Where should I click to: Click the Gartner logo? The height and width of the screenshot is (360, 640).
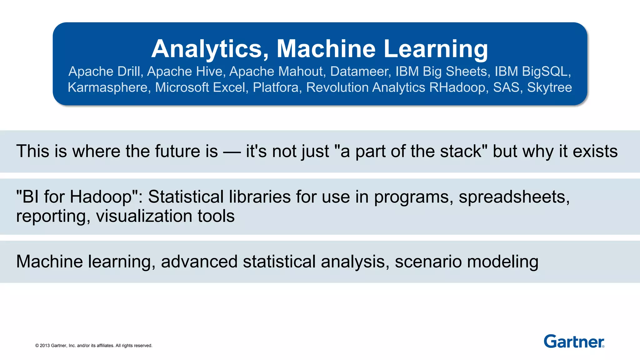coord(574,341)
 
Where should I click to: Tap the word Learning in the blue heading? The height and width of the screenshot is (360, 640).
coord(436,49)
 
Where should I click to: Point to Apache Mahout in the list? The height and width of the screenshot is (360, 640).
coord(276,72)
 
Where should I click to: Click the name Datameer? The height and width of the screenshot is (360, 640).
coord(359,72)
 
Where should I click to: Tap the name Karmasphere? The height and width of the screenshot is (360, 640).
coord(107,87)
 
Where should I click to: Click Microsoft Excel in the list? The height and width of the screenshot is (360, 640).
coord(200,87)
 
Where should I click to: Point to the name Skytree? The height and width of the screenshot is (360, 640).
coord(549,87)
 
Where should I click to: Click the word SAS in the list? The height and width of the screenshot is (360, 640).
coord(506,87)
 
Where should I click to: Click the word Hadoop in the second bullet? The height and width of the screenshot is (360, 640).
coord(103,197)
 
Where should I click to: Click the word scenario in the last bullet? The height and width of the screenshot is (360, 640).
coord(428,262)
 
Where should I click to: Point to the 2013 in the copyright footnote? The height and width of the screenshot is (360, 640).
coord(45,346)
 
